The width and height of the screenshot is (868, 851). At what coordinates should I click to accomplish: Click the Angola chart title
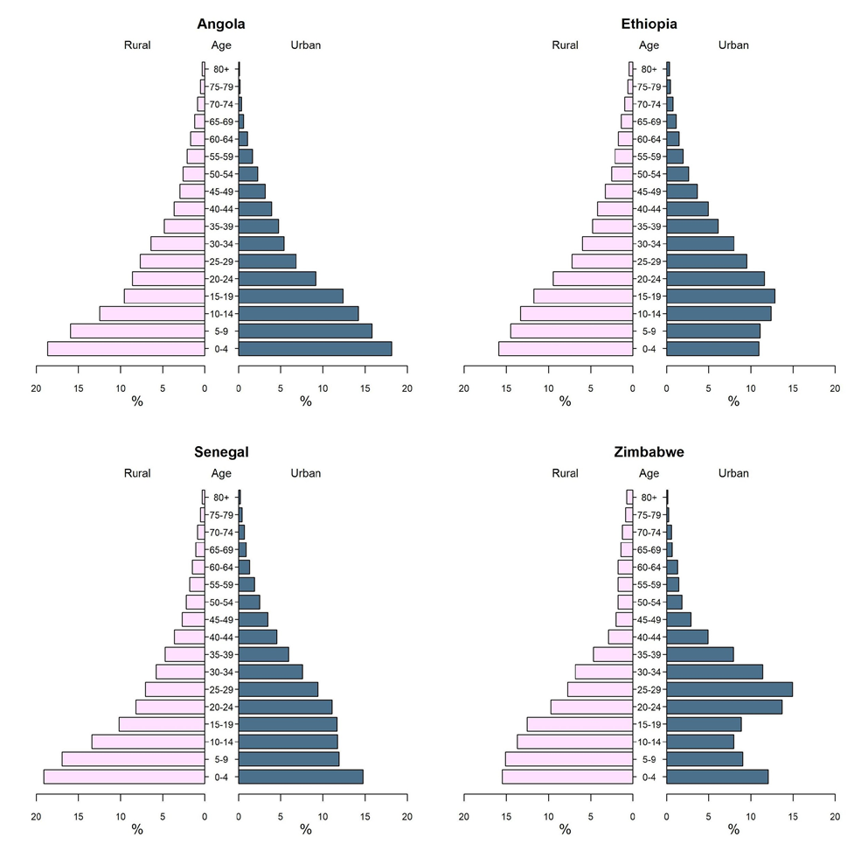(x=221, y=24)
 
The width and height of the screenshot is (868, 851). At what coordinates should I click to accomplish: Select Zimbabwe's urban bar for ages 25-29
(x=730, y=689)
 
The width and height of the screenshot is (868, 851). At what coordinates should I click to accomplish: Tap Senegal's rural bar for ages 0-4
(x=124, y=777)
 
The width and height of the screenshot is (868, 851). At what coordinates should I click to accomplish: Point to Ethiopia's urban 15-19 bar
(x=721, y=296)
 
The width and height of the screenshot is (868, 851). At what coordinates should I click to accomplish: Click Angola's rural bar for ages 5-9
(x=137, y=331)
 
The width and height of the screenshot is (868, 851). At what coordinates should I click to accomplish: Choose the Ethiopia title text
(x=649, y=24)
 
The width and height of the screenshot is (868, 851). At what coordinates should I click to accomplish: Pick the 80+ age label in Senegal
(x=221, y=498)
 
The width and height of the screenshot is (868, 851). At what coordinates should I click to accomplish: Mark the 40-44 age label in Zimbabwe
(x=649, y=637)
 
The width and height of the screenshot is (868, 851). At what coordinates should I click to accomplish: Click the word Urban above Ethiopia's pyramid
(x=733, y=45)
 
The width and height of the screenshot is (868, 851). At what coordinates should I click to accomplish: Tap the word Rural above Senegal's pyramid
(x=137, y=473)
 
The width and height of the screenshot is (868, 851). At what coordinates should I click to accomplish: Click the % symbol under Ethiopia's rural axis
(x=565, y=401)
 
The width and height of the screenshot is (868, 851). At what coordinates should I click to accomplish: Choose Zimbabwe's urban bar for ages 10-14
(x=700, y=742)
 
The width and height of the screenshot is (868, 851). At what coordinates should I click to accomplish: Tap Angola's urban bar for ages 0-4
(x=315, y=348)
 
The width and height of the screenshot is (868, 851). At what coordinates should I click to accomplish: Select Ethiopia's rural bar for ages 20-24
(x=593, y=279)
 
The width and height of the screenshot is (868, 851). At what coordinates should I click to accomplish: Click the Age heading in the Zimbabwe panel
(x=649, y=473)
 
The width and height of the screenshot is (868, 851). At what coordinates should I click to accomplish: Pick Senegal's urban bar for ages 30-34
(x=271, y=672)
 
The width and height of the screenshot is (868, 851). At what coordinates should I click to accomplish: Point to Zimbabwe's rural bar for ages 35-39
(x=613, y=654)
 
